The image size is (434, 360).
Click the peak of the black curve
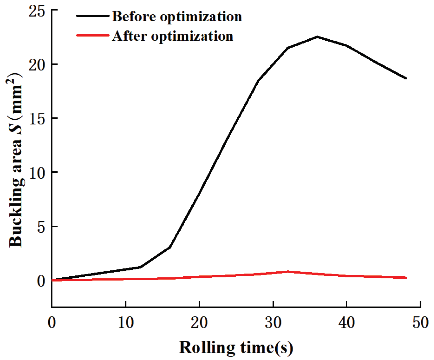(317, 37)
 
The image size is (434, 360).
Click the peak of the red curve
(288, 271)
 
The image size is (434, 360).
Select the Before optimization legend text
(177, 16)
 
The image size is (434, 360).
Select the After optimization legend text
(173, 36)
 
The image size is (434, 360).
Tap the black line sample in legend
(93, 16)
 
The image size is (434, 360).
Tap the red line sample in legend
(93, 35)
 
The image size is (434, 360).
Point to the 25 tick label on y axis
(37, 11)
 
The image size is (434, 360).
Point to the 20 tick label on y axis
(37, 64)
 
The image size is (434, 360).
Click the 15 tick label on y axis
(37, 118)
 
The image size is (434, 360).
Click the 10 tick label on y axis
(37, 172)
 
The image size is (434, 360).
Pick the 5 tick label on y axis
(41, 227)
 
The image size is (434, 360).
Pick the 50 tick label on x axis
(420, 322)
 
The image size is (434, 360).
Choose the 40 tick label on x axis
(347, 322)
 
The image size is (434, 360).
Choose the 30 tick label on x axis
(273, 322)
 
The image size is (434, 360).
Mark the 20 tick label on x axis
(199, 322)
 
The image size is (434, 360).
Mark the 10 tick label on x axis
(125, 322)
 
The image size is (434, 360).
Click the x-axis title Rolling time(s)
(236, 347)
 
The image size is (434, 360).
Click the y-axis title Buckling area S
(16, 160)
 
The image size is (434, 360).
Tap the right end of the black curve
(406, 78)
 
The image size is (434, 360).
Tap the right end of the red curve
(406, 278)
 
